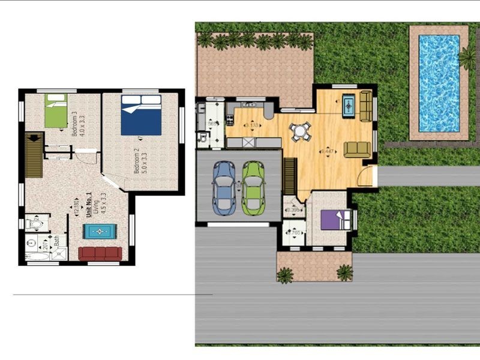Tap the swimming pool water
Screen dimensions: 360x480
click(x=439, y=82)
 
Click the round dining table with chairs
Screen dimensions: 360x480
click(x=299, y=131)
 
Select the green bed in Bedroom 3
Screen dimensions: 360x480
click(x=56, y=110)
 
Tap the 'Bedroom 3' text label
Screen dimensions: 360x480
click(x=74, y=124)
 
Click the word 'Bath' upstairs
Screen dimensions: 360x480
click(x=57, y=242)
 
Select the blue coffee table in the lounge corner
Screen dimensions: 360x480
click(x=349, y=105)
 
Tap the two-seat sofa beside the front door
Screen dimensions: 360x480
click(x=357, y=149)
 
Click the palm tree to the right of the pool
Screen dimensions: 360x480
click(x=467, y=58)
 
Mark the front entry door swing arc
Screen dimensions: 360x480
click(x=365, y=176)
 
